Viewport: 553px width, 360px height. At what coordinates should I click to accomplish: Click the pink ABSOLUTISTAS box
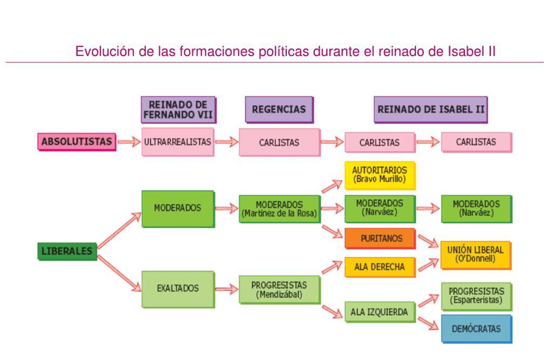tap(77, 141)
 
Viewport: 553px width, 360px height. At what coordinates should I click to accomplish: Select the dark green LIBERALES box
tap(67, 250)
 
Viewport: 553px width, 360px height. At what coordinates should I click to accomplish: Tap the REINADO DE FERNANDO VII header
tap(177, 110)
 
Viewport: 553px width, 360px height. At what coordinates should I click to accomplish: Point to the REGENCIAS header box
tap(278, 110)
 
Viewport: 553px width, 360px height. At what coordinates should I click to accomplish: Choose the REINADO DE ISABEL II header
tap(430, 110)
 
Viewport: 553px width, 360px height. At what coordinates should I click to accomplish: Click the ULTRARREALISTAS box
tap(177, 142)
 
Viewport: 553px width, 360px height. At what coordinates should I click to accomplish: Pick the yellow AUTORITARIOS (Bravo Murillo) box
tap(379, 175)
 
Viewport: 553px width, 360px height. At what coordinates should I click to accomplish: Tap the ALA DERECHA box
tap(380, 266)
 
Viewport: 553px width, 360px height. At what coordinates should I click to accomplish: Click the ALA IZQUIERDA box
tap(379, 312)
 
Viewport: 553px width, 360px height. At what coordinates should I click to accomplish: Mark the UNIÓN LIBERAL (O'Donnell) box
tap(475, 254)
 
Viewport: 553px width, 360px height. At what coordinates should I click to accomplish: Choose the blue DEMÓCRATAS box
tap(476, 329)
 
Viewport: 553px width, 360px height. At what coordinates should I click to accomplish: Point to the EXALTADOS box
tap(177, 288)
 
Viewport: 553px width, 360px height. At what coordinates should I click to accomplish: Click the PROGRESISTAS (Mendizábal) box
tap(279, 290)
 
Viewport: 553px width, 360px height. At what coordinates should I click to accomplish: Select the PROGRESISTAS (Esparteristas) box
tap(476, 295)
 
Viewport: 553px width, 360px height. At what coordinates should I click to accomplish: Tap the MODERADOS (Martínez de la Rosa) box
tap(279, 209)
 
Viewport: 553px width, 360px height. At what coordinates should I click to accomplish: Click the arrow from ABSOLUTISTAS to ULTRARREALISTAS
tap(129, 142)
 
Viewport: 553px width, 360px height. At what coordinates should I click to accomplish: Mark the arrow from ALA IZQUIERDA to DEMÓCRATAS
tap(428, 323)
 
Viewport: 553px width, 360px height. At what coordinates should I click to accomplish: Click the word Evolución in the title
tap(100, 51)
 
